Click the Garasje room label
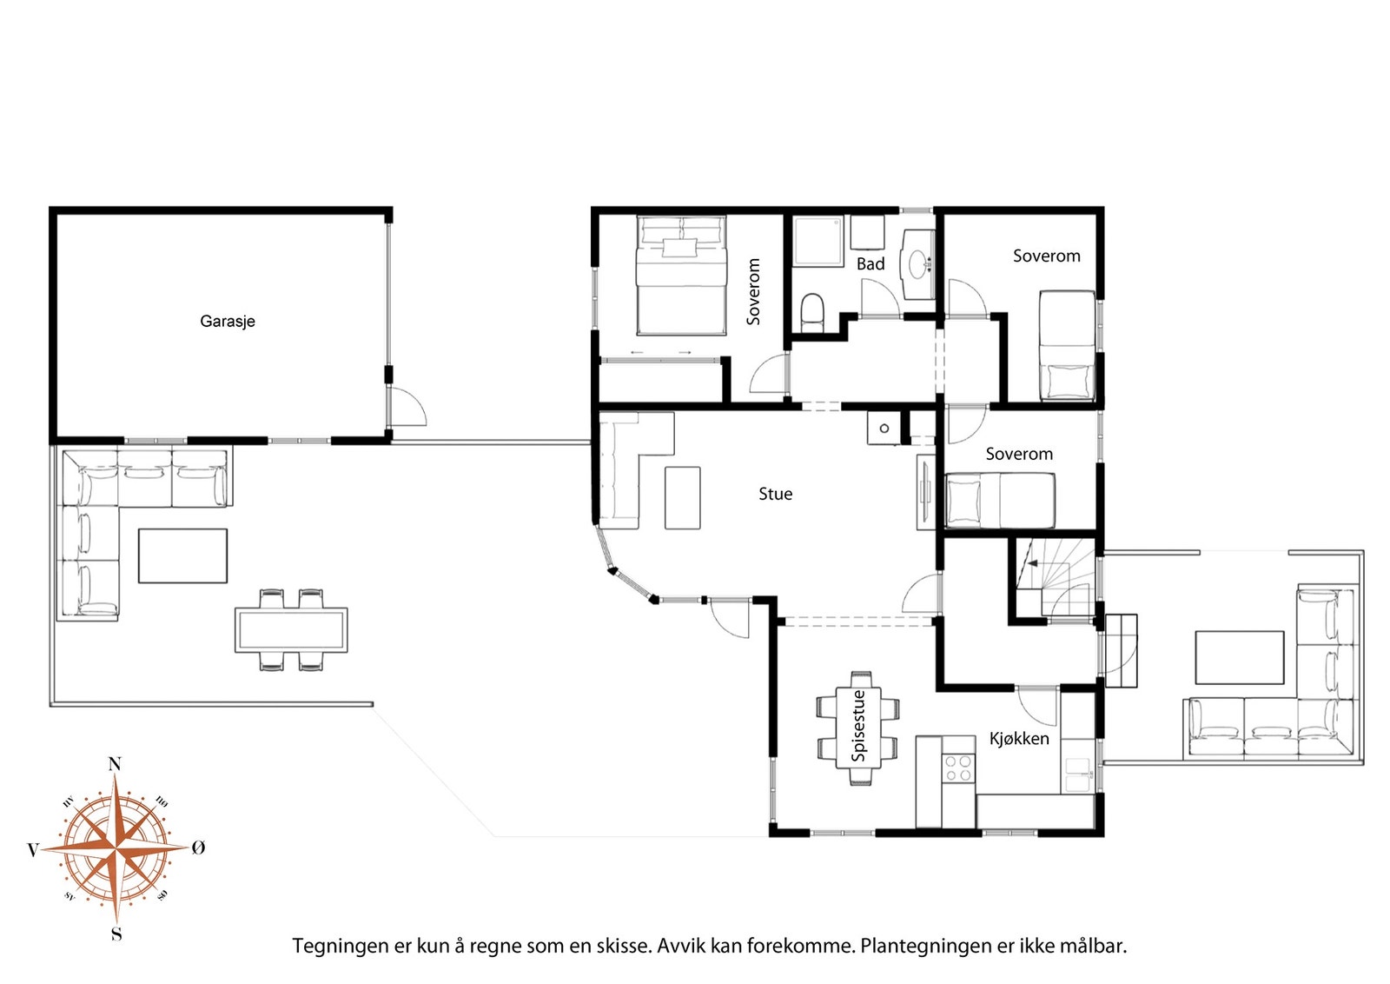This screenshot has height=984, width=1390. click(227, 322)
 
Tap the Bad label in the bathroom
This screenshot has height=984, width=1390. click(870, 264)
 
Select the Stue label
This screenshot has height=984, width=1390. click(775, 494)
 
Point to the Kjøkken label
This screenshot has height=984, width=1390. click(1019, 739)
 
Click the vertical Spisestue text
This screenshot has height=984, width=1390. click(858, 726)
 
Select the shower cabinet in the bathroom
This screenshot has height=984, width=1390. click(817, 242)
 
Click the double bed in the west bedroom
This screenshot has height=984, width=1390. click(681, 276)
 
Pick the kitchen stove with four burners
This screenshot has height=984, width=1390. click(957, 768)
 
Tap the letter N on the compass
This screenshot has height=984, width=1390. click(115, 764)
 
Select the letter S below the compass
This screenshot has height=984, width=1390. click(116, 934)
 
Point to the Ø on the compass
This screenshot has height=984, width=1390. click(198, 848)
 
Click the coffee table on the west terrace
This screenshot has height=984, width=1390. click(182, 555)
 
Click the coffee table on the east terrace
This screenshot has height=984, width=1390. click(1239, 658)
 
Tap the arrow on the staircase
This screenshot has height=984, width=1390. click(1034, 563)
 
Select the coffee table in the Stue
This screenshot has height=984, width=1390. click(683, 498)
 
